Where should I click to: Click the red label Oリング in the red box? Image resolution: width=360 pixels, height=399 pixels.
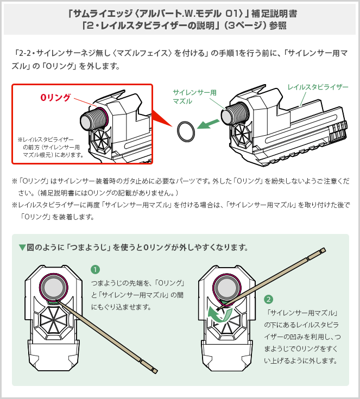[x=56, y=97]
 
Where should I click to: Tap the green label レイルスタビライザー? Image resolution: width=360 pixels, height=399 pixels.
[x=318, y=87]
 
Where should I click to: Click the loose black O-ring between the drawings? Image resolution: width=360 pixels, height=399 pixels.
[x=185, y=130]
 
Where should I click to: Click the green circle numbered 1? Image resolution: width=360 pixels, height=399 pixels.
[x=96, y=269]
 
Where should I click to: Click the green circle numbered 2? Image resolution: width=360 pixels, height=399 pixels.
[x=268, y=299]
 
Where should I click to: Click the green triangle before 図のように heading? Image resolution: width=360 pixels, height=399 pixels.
[x=22, y=248]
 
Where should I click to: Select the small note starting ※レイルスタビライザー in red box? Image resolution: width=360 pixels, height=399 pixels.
[x=50, y=147]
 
